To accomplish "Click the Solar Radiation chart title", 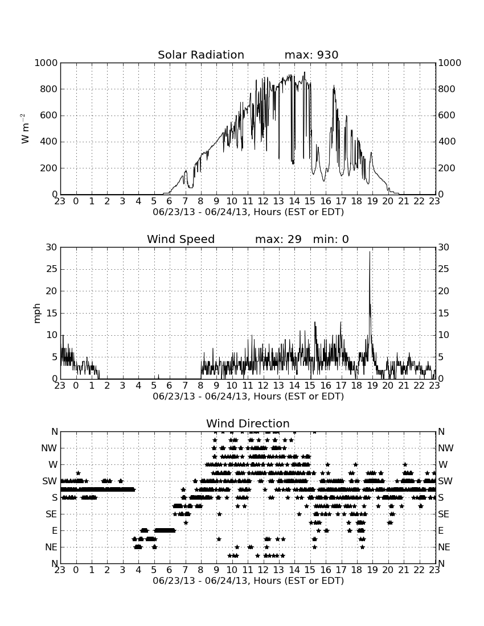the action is click(201, 55).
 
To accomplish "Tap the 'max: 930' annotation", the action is click(311, 55).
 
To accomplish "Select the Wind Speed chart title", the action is click(181, 239).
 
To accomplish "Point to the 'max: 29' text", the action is click(278, 239).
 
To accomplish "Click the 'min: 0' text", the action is click(331, 239).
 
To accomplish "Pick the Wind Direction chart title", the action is click(248, 423).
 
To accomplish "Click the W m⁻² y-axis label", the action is click(24, 129).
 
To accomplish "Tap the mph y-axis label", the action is click(37, 313).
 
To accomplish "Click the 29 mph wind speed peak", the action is click(370, 252).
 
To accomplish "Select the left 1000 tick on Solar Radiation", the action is click(46, 63).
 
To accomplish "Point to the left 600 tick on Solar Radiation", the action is click(49, 116).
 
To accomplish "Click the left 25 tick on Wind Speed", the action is click(52, 269).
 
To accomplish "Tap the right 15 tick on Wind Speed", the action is click(444, 313).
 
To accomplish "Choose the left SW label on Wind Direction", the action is click(50, 481).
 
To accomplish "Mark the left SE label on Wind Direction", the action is click(51, 514).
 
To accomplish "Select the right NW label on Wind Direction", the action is click(446, 448).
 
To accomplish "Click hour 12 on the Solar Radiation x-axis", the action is click(262, 201).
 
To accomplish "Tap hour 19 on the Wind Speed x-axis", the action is click(372, 385).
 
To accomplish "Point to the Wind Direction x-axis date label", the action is click(248, 580).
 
